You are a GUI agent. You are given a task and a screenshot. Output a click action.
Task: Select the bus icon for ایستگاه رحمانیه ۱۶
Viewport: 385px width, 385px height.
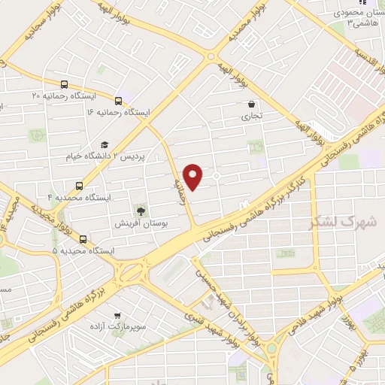pyautogui.click(x=118, y=100)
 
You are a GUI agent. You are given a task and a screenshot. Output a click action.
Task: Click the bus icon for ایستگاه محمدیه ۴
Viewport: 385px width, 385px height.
pyautogui.click(x=79, y=185)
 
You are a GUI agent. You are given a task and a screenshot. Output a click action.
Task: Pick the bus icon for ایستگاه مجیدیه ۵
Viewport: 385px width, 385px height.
pyautogui.click(x=83, y=240)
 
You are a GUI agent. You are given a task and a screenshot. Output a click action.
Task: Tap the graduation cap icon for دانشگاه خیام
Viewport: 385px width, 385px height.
pyautogui.click(x=105, y=144)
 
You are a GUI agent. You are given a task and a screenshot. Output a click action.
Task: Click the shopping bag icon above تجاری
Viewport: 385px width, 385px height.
pyautogui.click(x=250, y=105)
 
